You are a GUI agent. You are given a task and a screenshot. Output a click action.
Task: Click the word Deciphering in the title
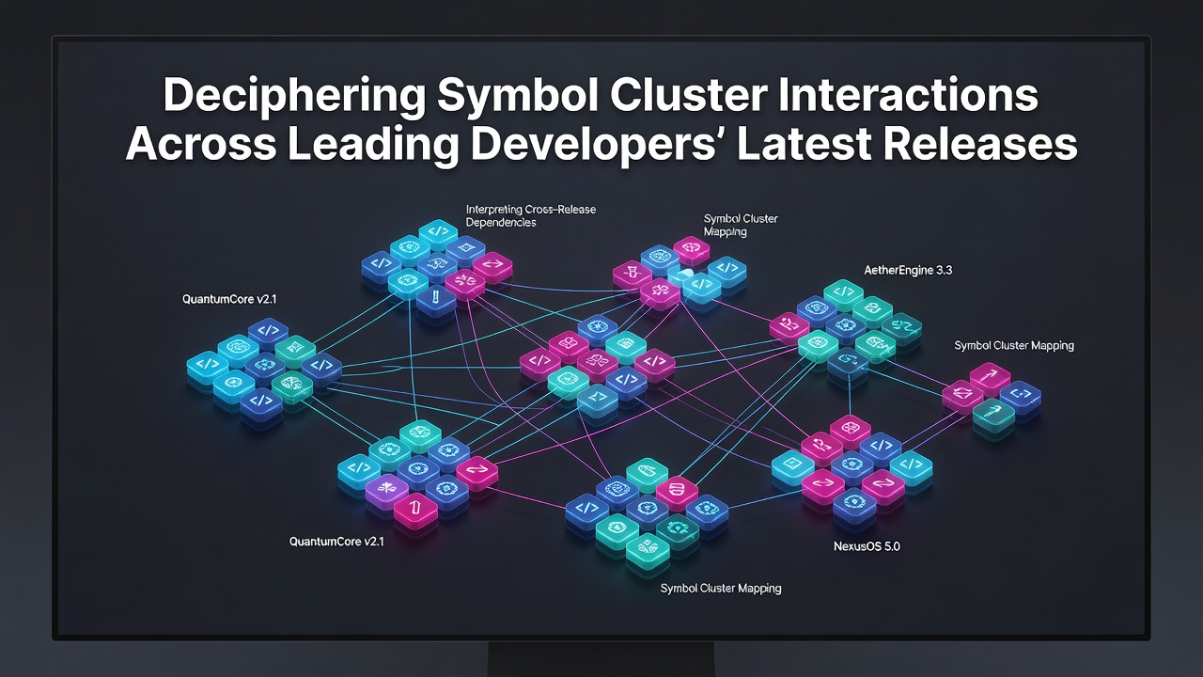(294, 96)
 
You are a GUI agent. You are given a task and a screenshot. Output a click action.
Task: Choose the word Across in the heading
(201, 144)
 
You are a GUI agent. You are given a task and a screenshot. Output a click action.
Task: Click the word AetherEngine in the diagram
(898, 270)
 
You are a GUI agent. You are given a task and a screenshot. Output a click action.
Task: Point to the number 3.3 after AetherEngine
(944, 270)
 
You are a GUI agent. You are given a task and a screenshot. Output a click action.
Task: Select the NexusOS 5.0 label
(867, 546)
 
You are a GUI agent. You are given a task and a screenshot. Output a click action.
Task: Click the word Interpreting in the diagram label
(494, 210)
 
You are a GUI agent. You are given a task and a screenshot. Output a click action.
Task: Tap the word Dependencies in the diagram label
(501, 223)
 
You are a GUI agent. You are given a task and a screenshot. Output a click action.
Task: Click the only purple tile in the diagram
(386, 490)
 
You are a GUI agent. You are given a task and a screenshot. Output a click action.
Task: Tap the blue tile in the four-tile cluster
(1020, 397)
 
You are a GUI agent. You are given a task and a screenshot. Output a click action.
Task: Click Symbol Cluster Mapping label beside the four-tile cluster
(1014, 345)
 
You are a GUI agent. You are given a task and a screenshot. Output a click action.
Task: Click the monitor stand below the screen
(601, 659)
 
